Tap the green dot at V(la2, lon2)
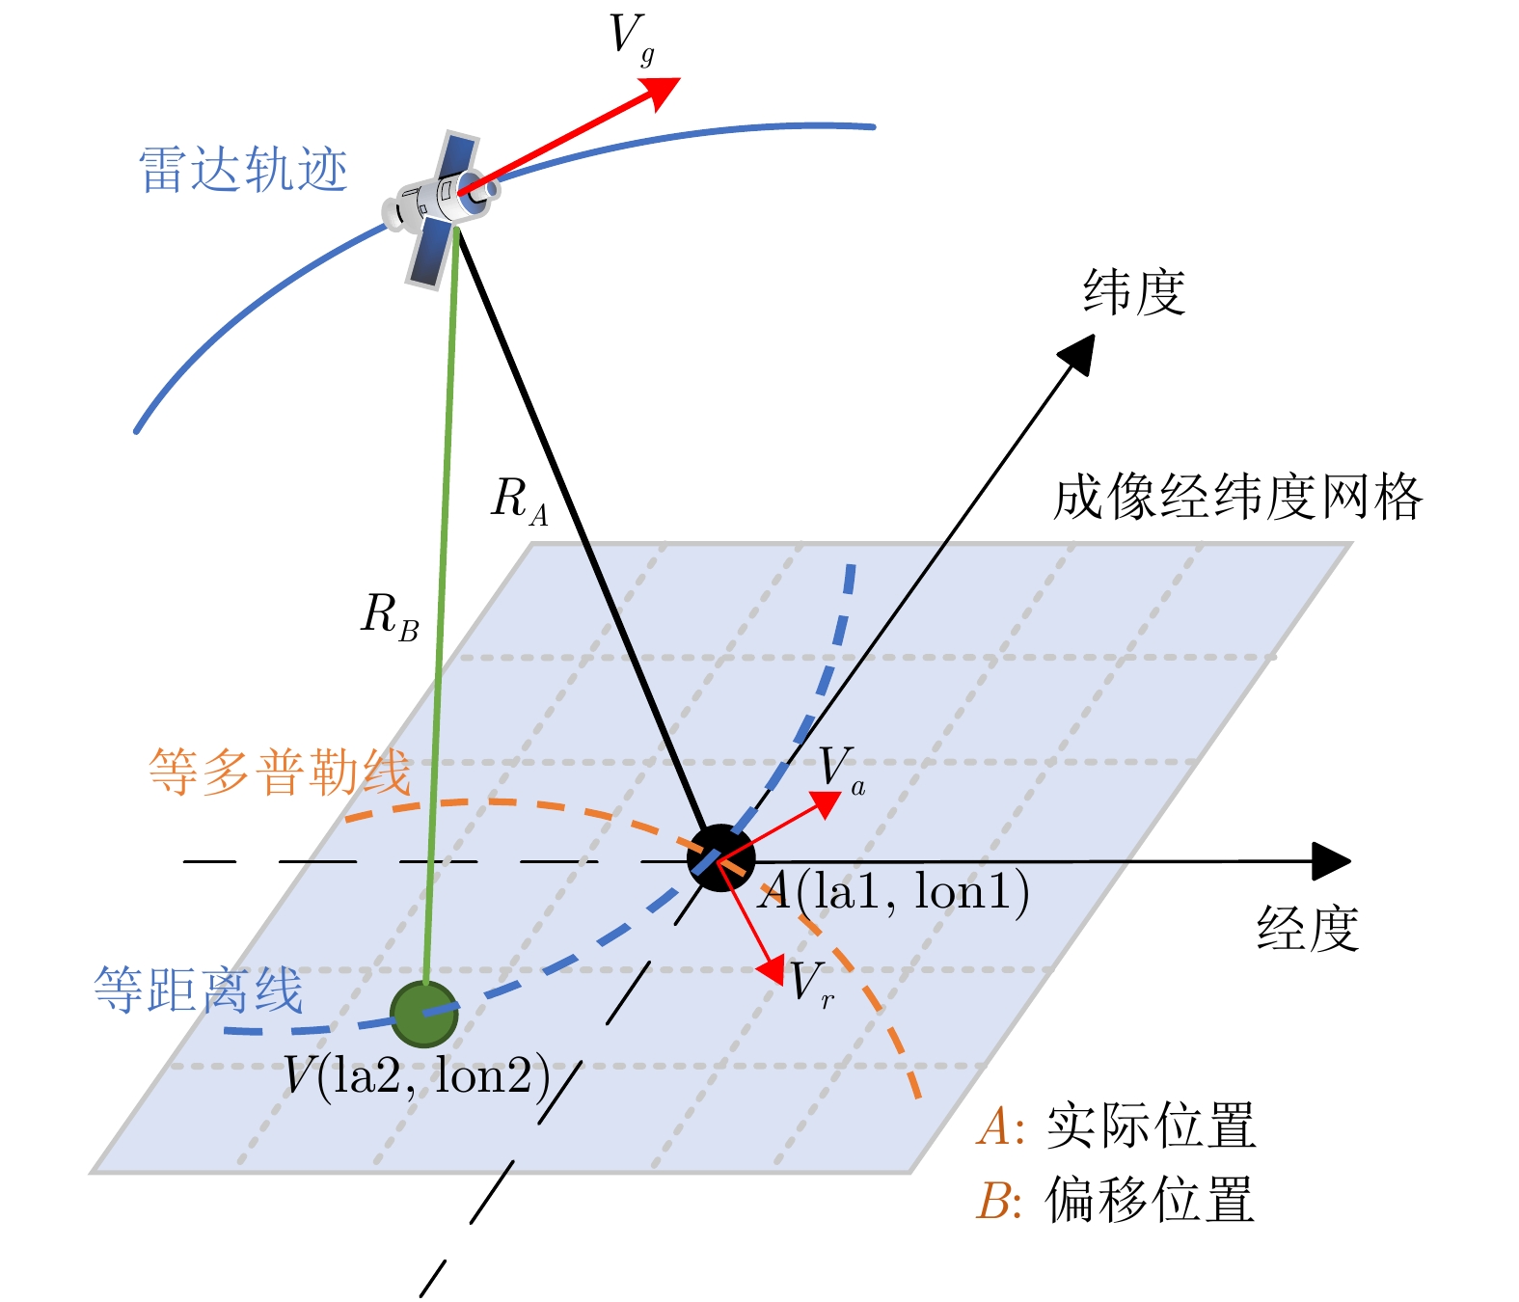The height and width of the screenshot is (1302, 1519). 424,1014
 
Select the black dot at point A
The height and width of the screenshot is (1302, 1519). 720,857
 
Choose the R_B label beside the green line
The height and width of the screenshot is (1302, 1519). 390,617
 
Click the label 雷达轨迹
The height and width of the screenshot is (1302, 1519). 243,171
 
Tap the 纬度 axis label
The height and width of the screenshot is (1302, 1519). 1134,291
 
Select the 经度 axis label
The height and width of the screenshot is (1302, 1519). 1308,928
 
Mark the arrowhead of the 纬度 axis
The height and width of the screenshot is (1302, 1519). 1079,353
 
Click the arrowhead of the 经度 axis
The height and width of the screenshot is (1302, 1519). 1332,860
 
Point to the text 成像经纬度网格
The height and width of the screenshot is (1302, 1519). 1237,498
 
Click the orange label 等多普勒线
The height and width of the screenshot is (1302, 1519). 280,772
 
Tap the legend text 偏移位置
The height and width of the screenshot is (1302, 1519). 1150,1200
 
